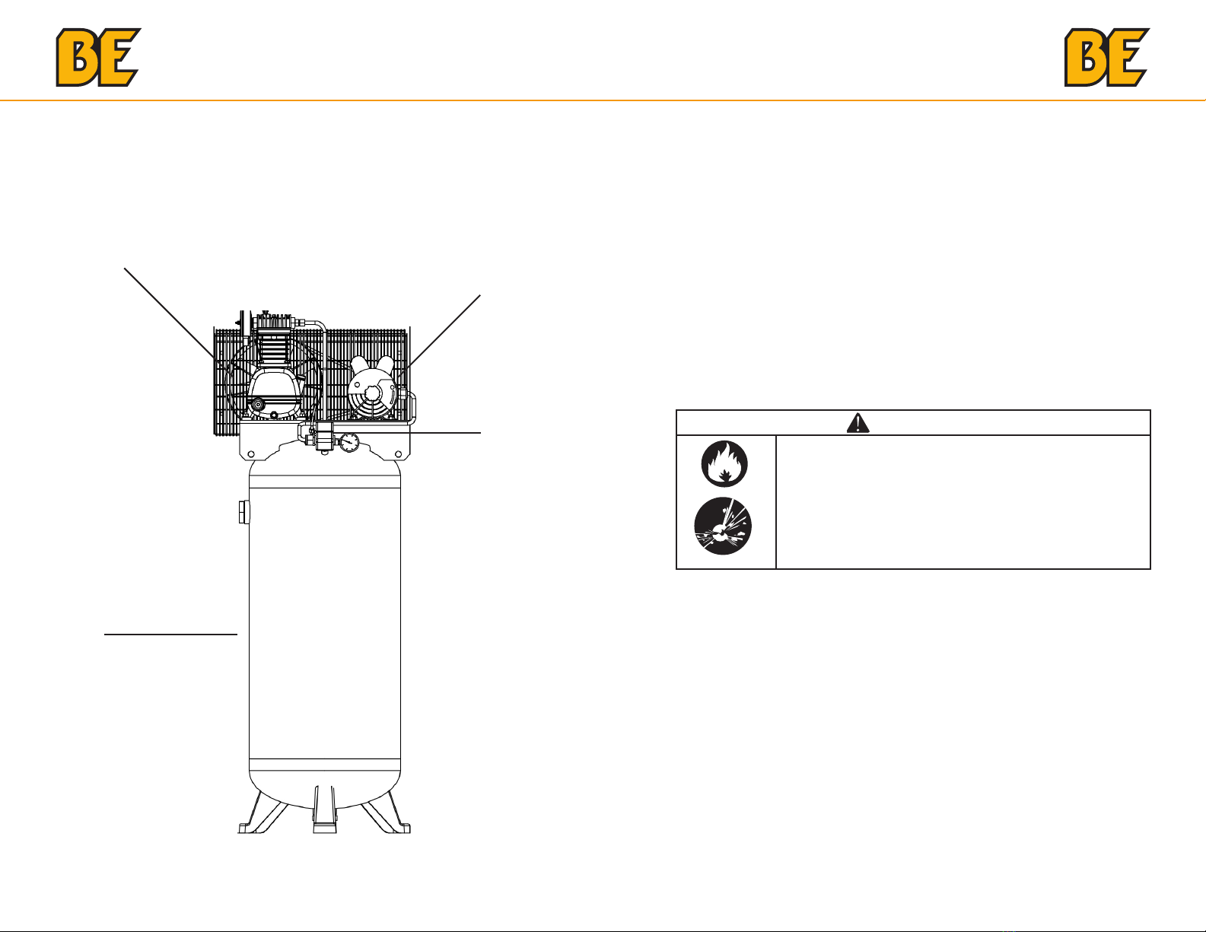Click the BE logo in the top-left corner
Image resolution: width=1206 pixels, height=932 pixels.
pyautogui.click(x=98, y=57)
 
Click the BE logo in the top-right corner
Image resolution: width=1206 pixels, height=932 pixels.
pyautogui.click(x=1106, y=57)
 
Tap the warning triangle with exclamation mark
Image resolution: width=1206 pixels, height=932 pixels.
pyautogui.click(x=858, y=423)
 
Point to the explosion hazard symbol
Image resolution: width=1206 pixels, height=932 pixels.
pyautogui.click(x=723, y=526)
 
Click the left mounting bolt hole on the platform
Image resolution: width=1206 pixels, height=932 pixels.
pyautogui.click(x=251, y=456)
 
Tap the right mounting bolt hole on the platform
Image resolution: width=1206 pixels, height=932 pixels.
pyautogui.click(x=397, y=456)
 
